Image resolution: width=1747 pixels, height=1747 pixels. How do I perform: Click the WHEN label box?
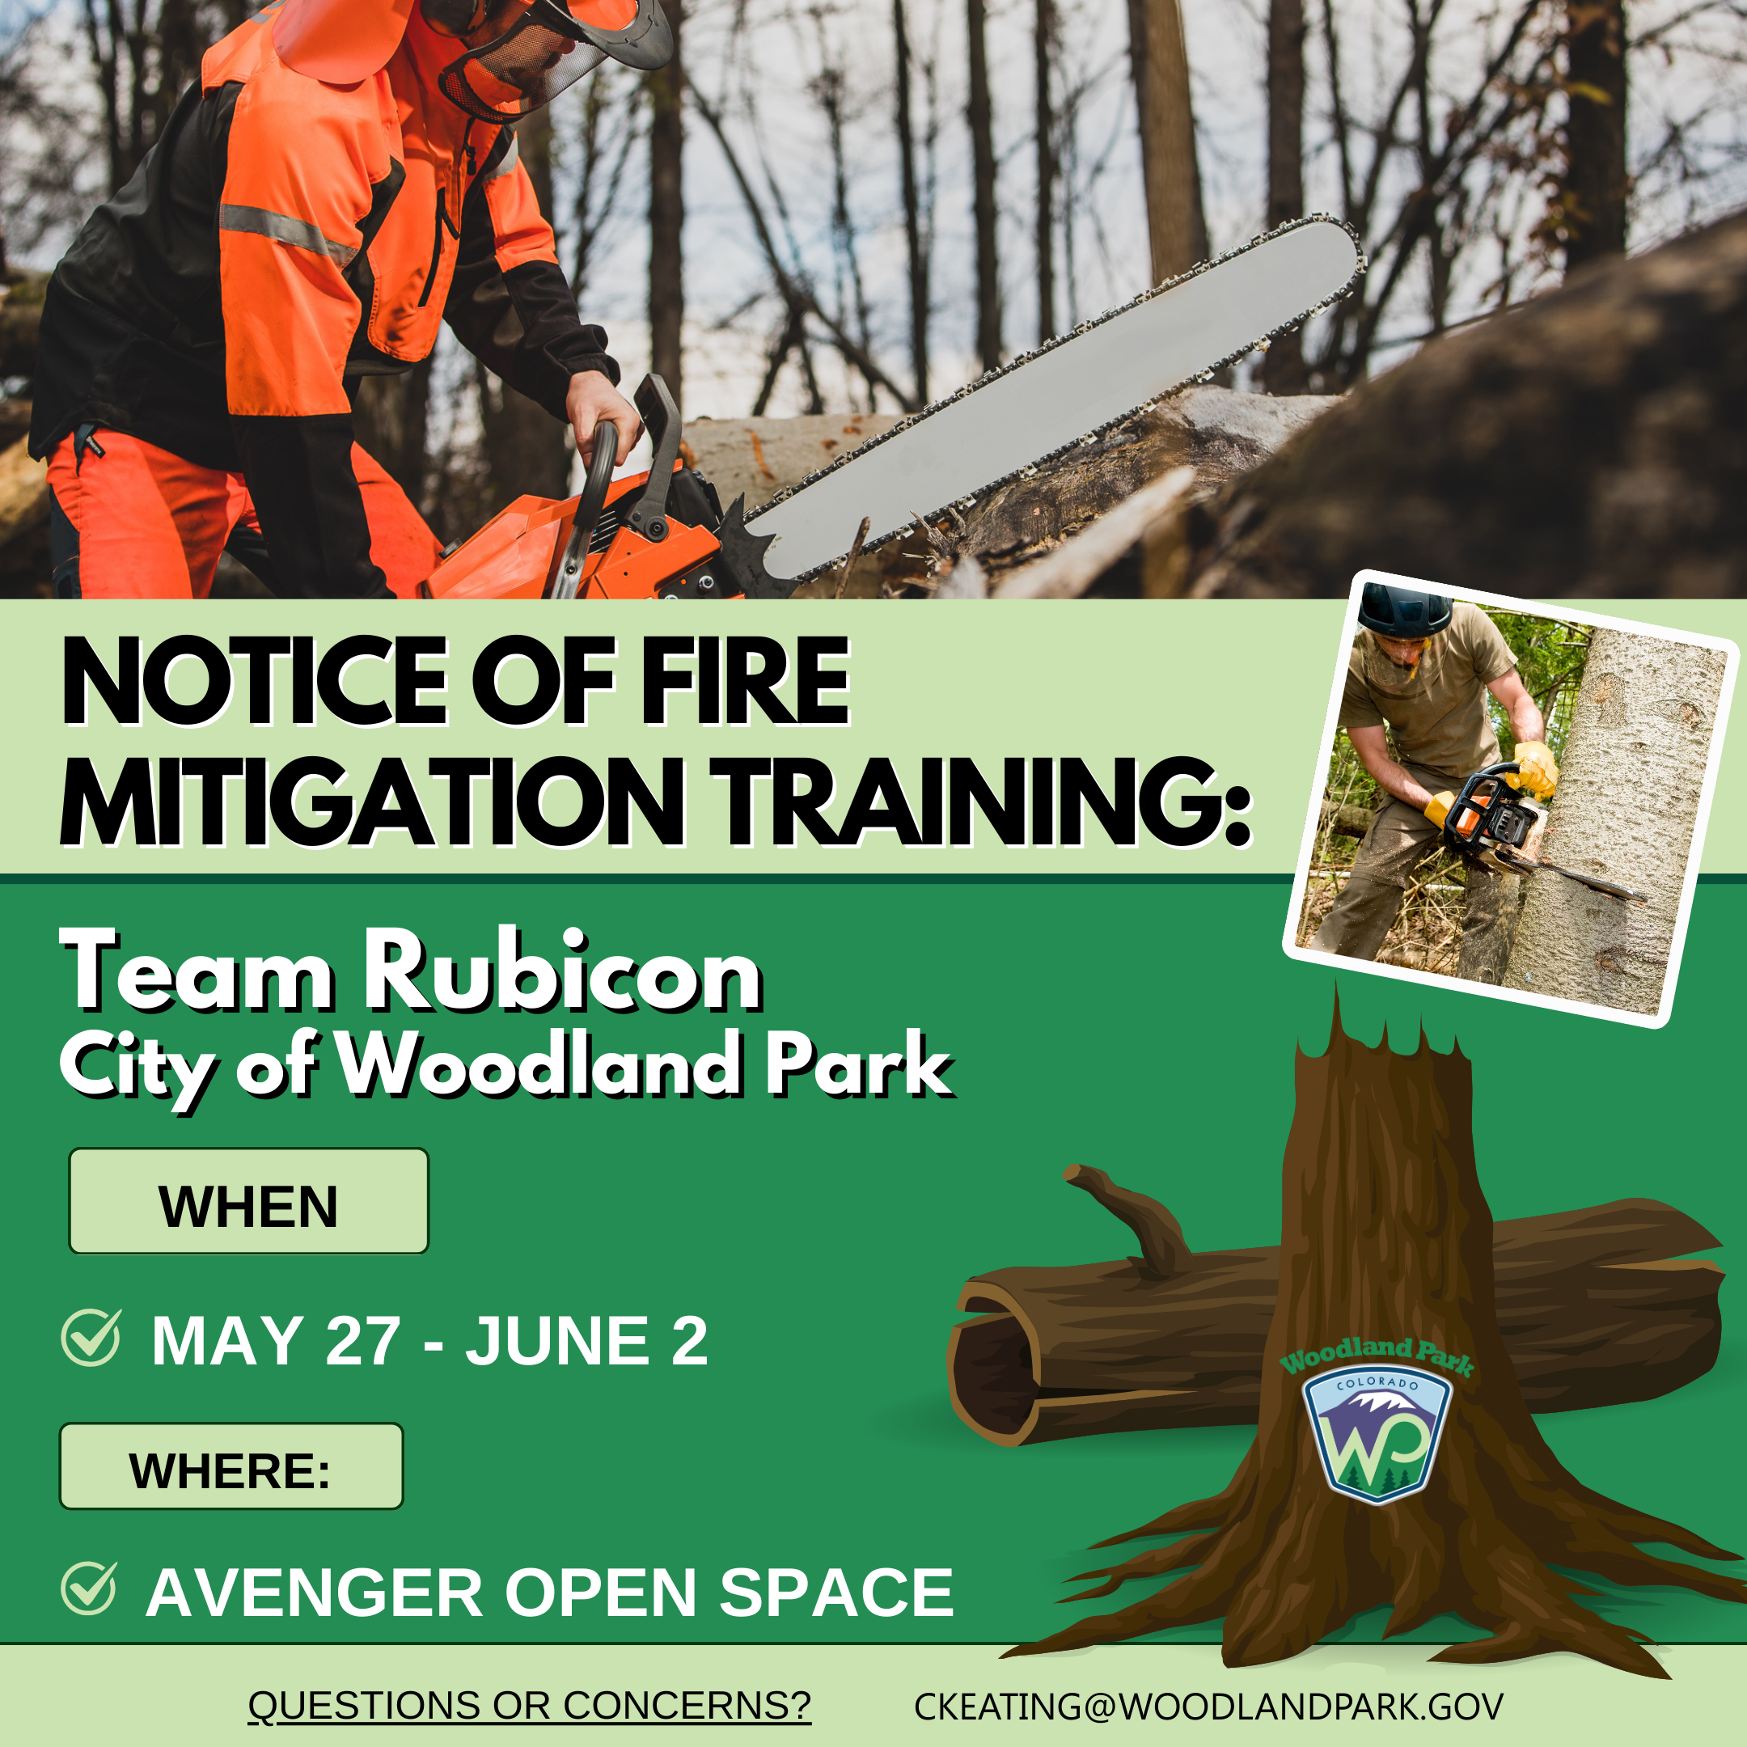tap(248, 1202)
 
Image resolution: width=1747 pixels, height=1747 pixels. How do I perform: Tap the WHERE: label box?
tap(231, 1466)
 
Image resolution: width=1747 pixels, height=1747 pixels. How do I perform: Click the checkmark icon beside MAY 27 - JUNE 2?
tap(91, 1339)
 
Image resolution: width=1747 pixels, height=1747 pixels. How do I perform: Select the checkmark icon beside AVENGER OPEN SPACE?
tap(89, 1589)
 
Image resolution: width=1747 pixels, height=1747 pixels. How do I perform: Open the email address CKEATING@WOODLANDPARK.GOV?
tap(1208, 1707)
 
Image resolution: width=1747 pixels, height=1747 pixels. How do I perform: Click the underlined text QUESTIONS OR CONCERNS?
tap(530, 1706)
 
